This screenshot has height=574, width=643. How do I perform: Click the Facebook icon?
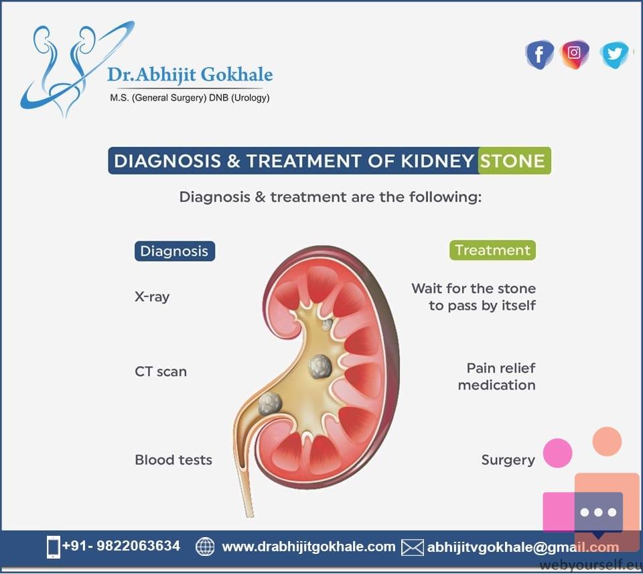click(x=539, y=54)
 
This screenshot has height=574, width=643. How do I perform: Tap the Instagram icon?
click(x=575, y=54)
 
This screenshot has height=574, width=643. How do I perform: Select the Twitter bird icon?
click(x=614, y=54)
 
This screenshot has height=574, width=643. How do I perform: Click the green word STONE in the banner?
click(x=512, y=160)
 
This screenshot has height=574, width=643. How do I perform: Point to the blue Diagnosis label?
click(x=175, y=251)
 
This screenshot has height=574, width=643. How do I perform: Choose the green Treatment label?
click(x=492, y=250)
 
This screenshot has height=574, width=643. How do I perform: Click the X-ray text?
click(x=152, y=296)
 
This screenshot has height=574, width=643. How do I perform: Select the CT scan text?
click(x=161, y=371)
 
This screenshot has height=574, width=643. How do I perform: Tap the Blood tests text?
click(x=173, y=459)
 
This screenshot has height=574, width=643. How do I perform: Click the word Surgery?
click(x=508, y=460)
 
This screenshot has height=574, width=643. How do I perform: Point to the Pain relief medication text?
click(x=496, y=376)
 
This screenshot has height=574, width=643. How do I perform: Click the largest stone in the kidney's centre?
click(x=320, y=366)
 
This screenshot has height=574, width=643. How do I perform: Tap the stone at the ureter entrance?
click(x=270, y=403)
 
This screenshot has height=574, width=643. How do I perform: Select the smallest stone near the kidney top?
click(x=328, y=325)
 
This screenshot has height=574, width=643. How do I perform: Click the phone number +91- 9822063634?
click(x=121, y=546)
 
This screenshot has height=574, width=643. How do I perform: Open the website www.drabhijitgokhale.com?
click(x=308, y=547)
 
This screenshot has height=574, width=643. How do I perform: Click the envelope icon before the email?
click(x=412, y=547)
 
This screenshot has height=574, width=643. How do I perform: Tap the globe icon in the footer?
click(x=205, y=547)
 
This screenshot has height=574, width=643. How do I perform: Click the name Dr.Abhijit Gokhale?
click(x=190, y=74)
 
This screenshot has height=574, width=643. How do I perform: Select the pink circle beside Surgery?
click(x=558, y=453)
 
